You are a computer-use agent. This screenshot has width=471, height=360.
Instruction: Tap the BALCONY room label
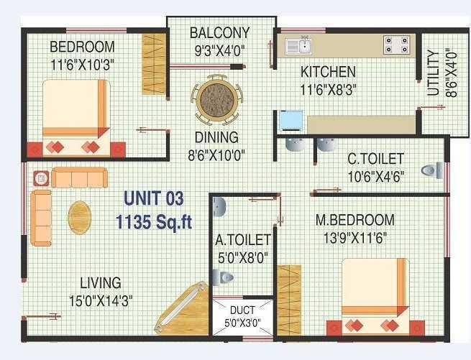220,33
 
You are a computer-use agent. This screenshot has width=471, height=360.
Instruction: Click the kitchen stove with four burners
395,45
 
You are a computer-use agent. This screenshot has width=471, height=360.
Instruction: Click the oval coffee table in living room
80,213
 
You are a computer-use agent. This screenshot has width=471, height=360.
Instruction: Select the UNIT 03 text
154,198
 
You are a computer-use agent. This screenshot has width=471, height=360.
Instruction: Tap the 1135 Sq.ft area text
154,222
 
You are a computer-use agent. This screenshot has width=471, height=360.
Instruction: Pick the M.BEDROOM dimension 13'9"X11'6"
355,237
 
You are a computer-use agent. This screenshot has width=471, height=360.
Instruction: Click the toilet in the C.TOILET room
431,170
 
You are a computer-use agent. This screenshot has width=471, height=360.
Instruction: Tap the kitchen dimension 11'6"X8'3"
328,89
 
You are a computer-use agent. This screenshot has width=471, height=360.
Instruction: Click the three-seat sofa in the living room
79,177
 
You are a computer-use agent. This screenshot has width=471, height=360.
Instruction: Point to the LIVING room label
101,282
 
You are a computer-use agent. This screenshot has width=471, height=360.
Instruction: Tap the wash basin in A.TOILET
219,207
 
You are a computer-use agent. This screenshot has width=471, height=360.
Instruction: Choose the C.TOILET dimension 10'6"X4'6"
375,176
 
